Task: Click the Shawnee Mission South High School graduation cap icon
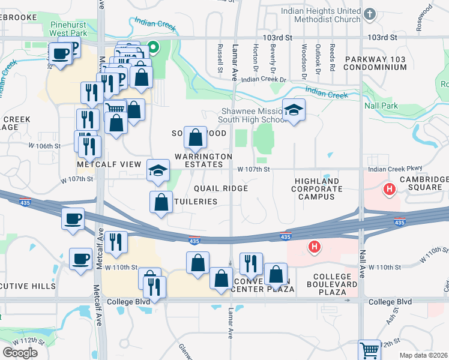(293, 110)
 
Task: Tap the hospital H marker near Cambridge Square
(390, 190)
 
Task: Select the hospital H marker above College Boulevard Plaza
(313, 246)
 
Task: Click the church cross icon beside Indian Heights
(370, 13)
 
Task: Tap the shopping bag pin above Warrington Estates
(195, 138)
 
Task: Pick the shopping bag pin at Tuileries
(161, 202)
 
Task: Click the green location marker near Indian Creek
(153, 47)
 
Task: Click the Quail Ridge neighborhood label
(221, 188)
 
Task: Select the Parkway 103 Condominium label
(376, 63)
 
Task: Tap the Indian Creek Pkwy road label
(397, 169)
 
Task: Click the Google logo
(20, 352)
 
